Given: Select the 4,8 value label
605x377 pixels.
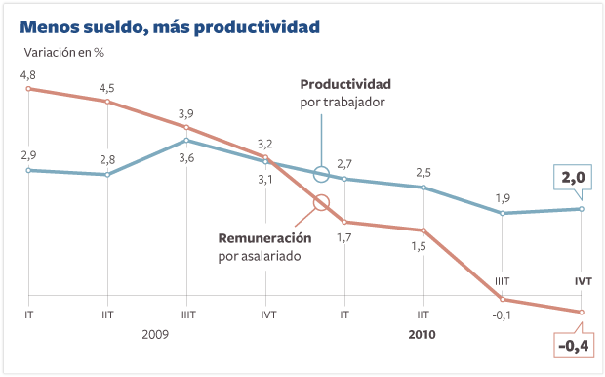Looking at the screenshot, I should pos(27,75).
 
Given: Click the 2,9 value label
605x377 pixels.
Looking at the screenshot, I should pos(27,155).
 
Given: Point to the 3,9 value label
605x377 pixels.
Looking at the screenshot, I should pos(185,114).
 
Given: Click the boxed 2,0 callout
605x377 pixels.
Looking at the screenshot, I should pos(573,178).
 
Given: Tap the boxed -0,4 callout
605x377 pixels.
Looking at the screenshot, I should pos(573,346).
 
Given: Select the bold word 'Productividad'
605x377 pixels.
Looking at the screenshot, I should pos(345,83).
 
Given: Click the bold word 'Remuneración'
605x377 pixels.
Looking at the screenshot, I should pos(264,237).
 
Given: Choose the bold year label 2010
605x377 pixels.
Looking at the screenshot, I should pos(421,334).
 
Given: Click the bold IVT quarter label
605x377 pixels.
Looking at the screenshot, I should pos(583,281).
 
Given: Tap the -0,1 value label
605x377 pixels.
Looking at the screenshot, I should pos(502,314).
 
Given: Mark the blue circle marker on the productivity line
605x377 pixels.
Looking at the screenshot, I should pos(322,175).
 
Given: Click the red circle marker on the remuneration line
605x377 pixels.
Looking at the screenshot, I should pos(322,204).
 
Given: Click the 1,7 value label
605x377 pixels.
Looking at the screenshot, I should pos(343,237).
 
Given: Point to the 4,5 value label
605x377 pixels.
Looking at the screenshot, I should pos(106,87).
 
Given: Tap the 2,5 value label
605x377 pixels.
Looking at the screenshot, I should pos(423,172).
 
